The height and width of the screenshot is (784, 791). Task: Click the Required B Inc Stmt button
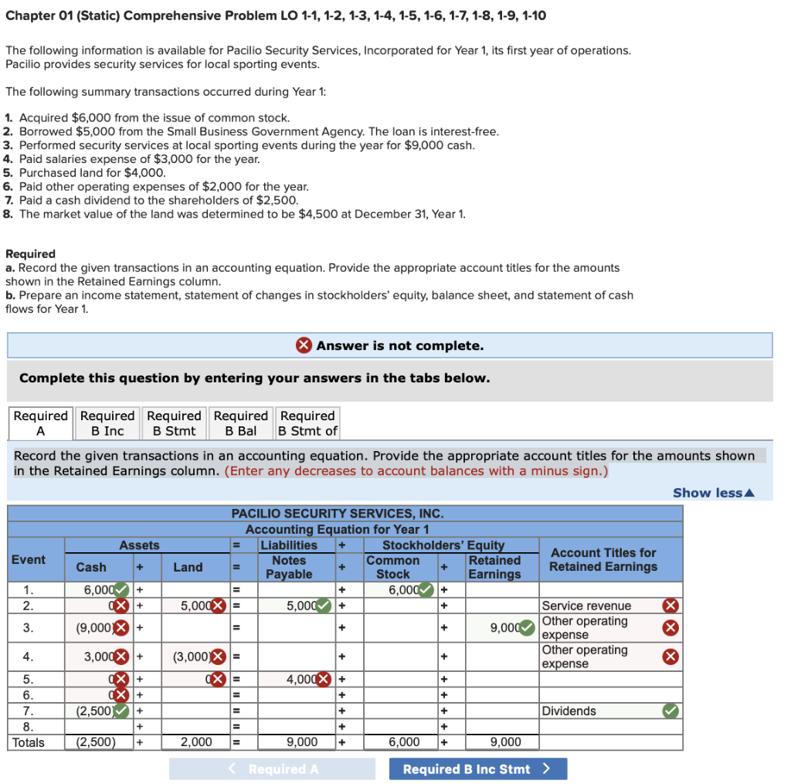[x=477, y=769]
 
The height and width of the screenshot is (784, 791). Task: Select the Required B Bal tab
[x=241, y=423]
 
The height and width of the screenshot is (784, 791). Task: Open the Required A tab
[x=41, y=423]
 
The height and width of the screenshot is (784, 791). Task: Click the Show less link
[x=713, y=493]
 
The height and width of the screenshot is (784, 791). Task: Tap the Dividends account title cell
[x=599, y=711]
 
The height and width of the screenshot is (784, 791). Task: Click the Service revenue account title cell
[x=599, y=606]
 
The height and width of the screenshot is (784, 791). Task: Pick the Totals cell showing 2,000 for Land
[x=196, y=742]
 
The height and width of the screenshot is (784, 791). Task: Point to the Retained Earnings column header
[x=494, y=567]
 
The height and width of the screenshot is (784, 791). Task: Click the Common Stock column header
[x=392, y=567]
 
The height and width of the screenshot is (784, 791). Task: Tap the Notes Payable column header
[x=289, y=567]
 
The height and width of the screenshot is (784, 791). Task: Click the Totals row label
[x=29, y=742]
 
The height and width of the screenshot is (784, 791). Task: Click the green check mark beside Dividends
[x=671, y=711]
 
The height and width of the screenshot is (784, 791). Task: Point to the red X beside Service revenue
[x=671, y=606]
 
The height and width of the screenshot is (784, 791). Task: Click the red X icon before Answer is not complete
[x=304, y=345]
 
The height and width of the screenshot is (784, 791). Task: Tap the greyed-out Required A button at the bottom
[x=272, y=769]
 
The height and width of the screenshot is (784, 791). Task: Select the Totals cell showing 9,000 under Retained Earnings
[x=505, y=742]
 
